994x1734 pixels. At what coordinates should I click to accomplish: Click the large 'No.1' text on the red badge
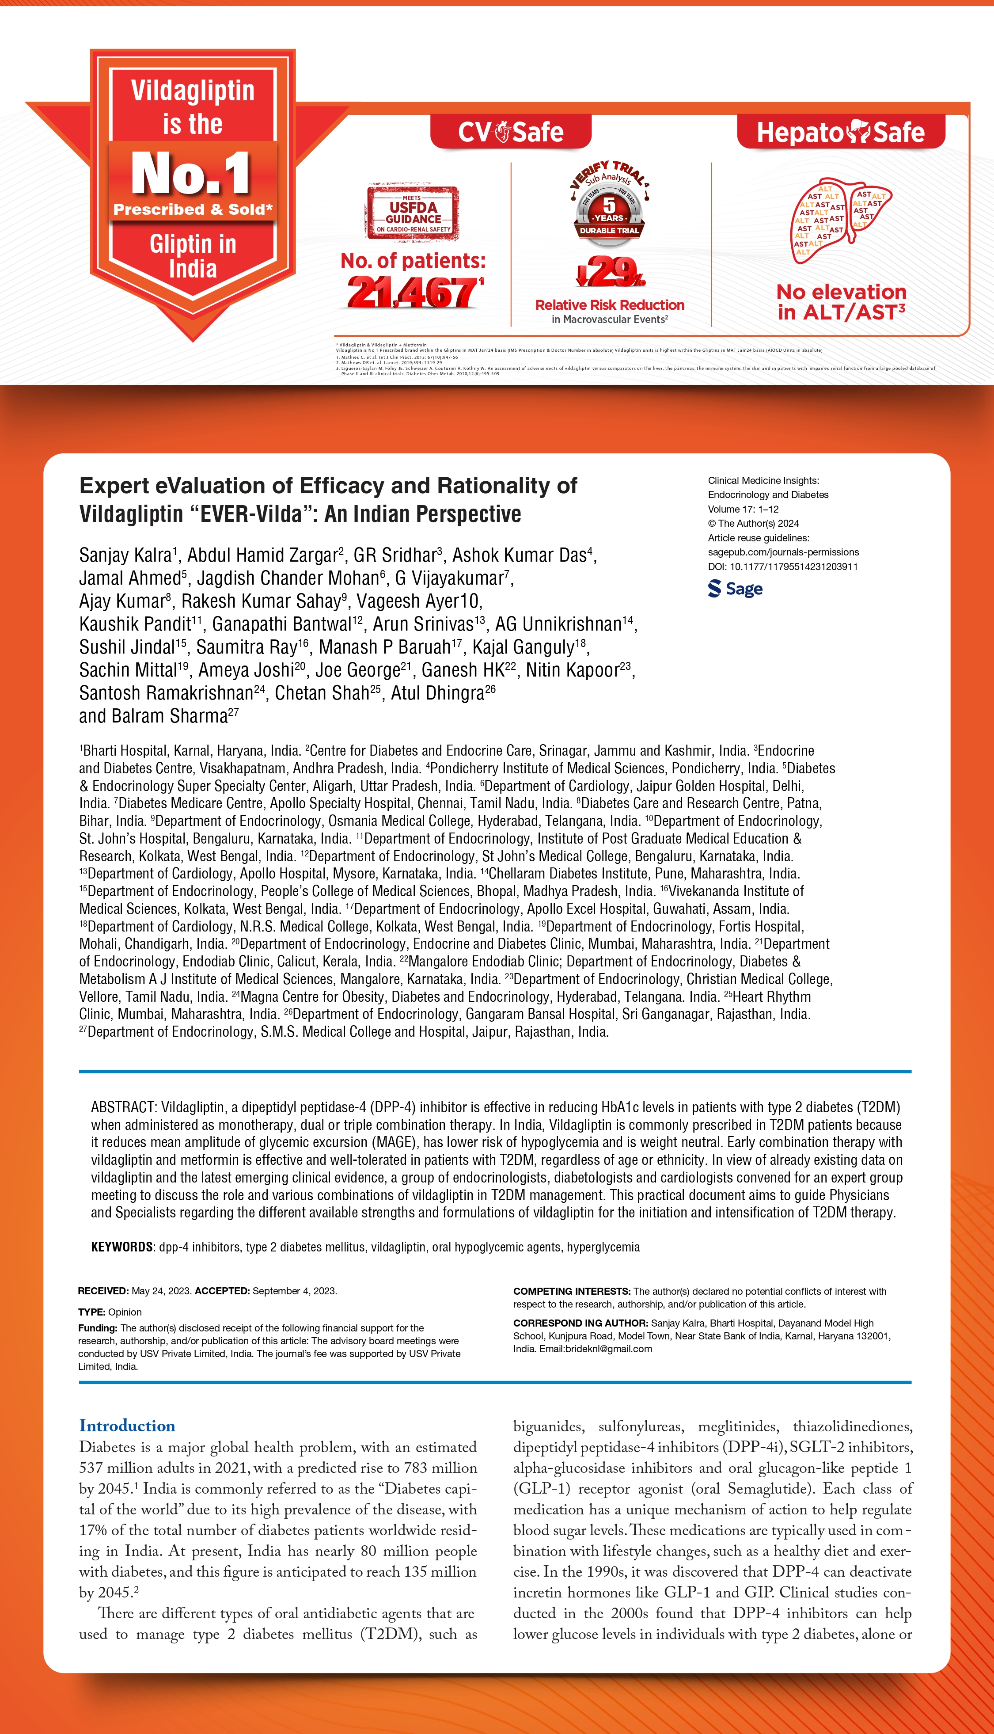point(191,173)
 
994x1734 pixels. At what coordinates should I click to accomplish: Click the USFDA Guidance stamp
point(412,212)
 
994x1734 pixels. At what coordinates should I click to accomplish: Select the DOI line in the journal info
point(782,567)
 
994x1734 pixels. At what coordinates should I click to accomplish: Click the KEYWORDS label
point(121,1247)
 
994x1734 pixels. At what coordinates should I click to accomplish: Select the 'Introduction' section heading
point(127,1426)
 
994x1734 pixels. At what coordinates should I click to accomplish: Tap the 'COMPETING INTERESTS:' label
point(571,1292)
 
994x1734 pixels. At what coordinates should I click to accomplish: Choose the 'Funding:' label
point(98,1328)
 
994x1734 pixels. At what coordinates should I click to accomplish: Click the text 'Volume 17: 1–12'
point(743,509)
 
